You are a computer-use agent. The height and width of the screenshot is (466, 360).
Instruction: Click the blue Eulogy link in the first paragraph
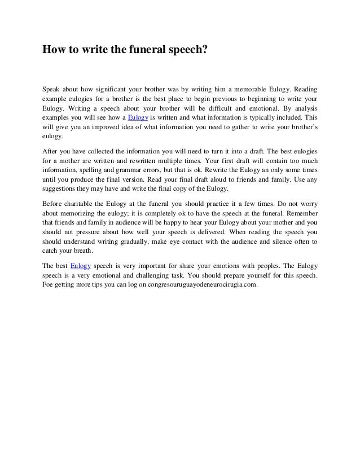tap(138, 117)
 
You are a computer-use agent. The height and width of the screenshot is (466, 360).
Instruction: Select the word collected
tap(115, 152)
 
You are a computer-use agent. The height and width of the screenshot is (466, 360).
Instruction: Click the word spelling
tap(99, 170)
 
